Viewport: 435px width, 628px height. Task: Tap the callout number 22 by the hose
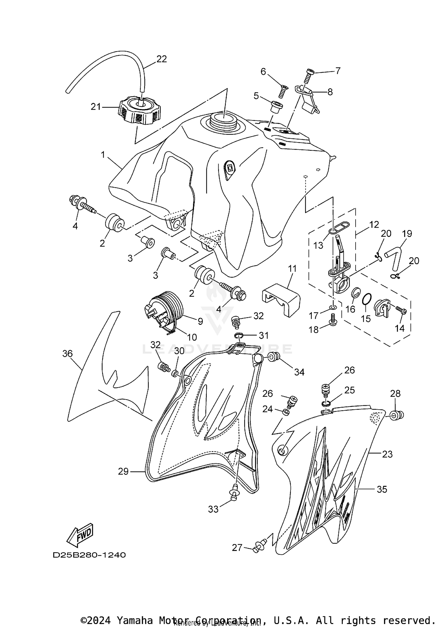(162, 59)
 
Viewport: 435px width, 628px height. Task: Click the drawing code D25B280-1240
(89, 555)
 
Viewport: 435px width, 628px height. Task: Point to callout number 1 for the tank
(103, 155)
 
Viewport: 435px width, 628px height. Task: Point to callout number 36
(67, 354)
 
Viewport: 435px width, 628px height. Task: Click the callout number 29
(123, 471)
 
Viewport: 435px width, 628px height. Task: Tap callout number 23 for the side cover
(387, 454)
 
